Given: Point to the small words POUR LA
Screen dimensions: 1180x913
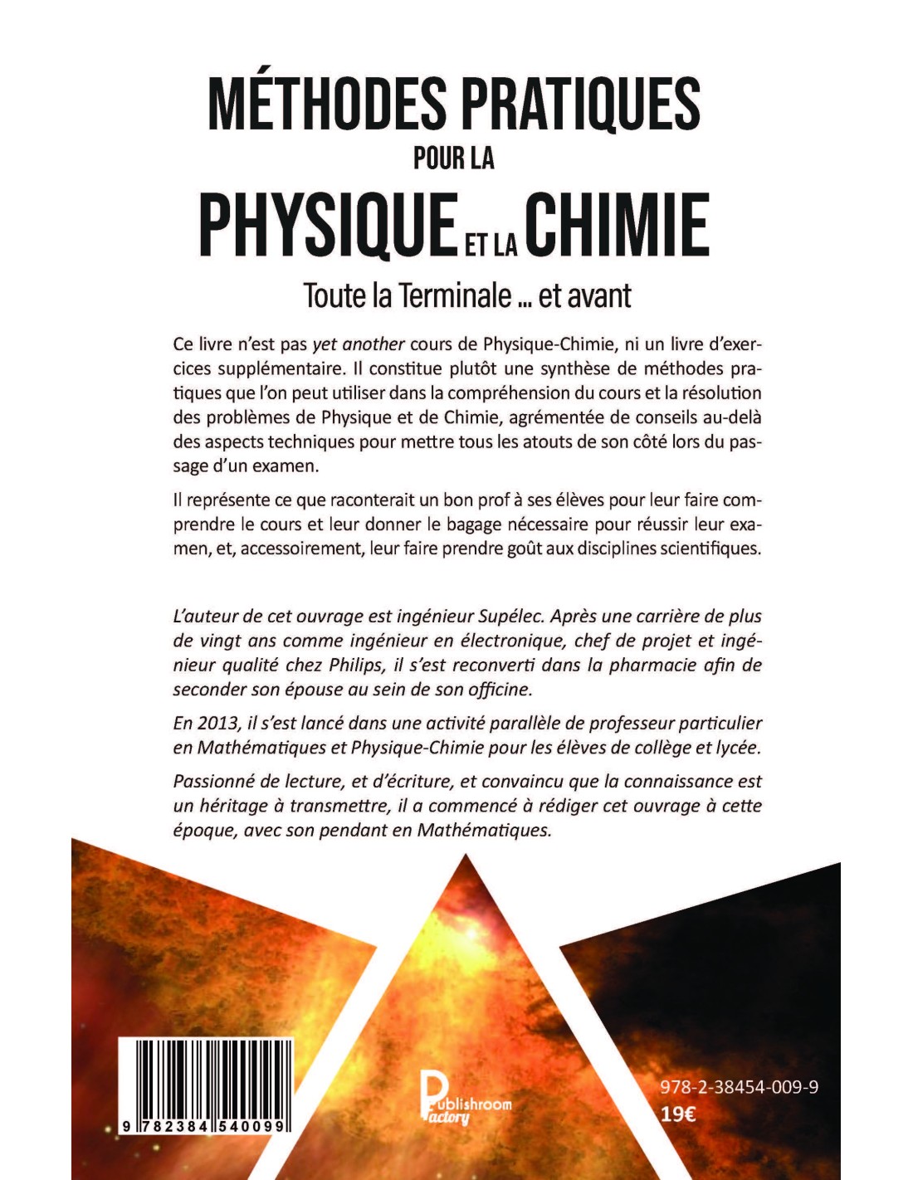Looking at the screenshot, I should click(x=454, y=158).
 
